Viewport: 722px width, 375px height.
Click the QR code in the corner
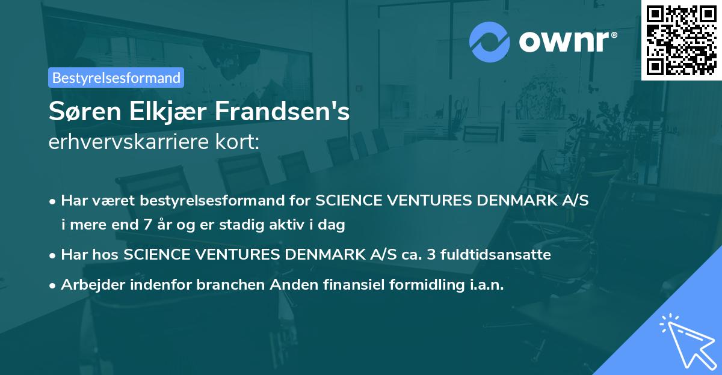681,40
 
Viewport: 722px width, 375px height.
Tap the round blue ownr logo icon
489,41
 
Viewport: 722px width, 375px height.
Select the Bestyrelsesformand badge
116,78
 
